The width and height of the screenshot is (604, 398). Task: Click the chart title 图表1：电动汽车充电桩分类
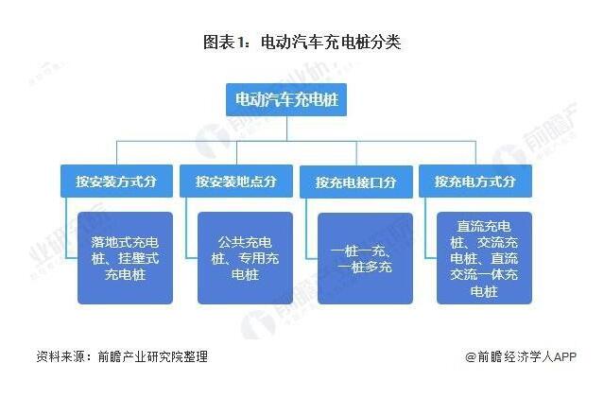click(302, 43)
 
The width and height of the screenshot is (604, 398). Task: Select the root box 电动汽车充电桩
click(295, 99)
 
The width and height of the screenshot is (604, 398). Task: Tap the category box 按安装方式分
click(115, 181)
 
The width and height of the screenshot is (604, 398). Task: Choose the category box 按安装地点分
click(236, 181)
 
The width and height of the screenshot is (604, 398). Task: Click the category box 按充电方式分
click(475, 181)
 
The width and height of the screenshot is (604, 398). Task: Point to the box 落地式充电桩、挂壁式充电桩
click(126, 257)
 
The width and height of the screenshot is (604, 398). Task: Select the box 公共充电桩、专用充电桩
click(245, 257)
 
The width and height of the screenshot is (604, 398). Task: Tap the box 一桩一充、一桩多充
click(364, 257)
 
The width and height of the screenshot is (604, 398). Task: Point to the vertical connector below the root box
click(295, 129)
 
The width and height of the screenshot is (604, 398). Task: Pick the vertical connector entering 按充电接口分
click(355, 153)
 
